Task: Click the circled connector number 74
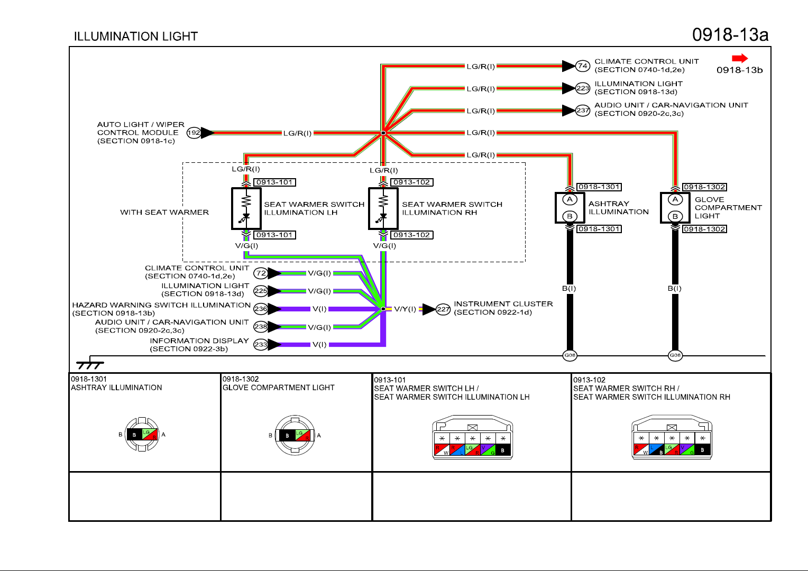pyautogui.click(x=582, y=66)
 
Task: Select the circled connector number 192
pyautogui.click(x=194, y=133)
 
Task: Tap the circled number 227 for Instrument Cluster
pyautogui.click(x=443, y=309)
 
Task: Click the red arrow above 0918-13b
pyautogui.click(x=740, y=59)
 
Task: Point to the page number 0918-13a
pyautogui.click(x=730, y=35)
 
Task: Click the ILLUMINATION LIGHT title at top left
pyautogui.click(x=136, y=36)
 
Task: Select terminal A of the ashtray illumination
pyautogui.click(x=570, y=199)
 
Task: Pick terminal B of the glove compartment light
pyautogui.click(x=675, y=216)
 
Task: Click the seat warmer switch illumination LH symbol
pyautogui.click(x=246, y=208)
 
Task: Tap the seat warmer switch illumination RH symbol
pyautogui.click(x=383, y=208)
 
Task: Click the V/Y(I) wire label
pyautogui.click(x=405, y=309)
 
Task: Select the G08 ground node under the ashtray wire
pyautogui.click(x=570, y=355)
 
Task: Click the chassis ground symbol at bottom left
pyautogui.click(x=90, y=364)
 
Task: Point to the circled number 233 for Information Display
pyautogui.click(x=261, y=345)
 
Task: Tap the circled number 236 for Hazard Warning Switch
pyautogui.click(x=261, y=309)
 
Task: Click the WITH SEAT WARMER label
pyautogui.click(x=164, y=213)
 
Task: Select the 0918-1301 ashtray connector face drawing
pyautogui.click(x=142, y=435)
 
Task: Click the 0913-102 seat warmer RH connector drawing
pyautogui.click(x=672, y=438)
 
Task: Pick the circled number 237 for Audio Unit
pyautogui.click(x=582, y=110)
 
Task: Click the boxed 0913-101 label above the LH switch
pyautogui.click(x=274, y=182)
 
